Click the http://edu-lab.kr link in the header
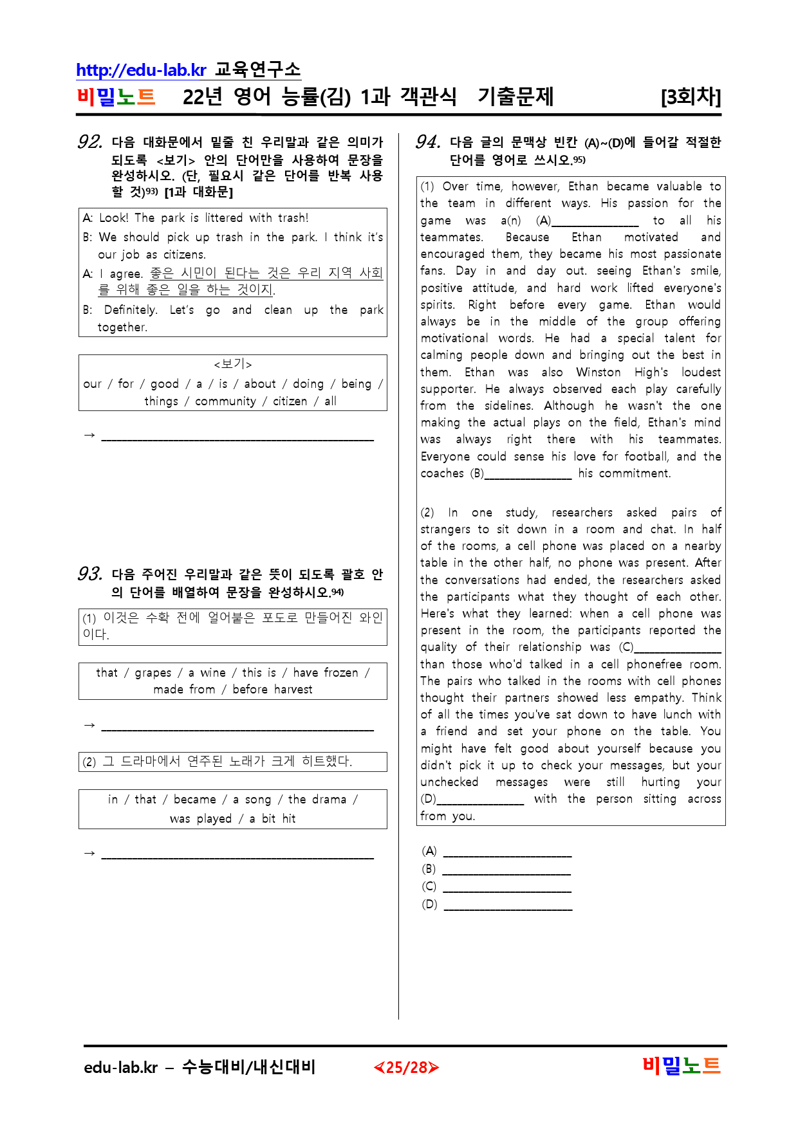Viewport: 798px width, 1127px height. pos(141,69)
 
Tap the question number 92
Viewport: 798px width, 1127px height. pos(89,142)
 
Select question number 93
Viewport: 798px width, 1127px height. pos(89,573)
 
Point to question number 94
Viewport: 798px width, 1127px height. pos(428,142)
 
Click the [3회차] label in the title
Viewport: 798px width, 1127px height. pos(691,97)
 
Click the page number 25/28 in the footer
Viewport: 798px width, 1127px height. pos(406,1068)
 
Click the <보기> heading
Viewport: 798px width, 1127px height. pos(232,364)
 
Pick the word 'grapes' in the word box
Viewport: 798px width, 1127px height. pos(153,673)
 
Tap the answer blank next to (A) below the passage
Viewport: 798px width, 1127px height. pos(507,852)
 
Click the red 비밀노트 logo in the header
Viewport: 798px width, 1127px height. pos(116,97)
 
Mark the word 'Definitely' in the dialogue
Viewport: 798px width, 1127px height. pos(131,310)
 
